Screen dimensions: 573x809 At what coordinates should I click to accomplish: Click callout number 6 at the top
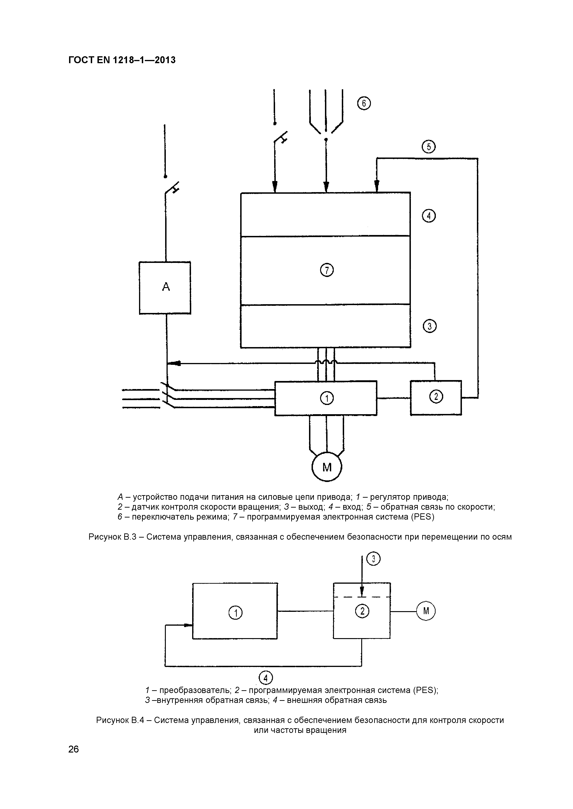pos(364,104)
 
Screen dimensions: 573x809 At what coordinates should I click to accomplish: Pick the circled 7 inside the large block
pos(327,270)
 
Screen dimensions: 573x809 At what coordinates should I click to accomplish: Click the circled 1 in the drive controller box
pos(327,399)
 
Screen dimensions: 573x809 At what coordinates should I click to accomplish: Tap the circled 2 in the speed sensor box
pos(437,397)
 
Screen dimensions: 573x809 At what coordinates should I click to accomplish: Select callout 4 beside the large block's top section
pos(429,216)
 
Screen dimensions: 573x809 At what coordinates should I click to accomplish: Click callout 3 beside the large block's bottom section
pos(429,326)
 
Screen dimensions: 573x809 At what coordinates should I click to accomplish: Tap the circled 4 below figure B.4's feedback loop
pos(266,678)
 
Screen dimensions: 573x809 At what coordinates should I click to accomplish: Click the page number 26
pos(73,749)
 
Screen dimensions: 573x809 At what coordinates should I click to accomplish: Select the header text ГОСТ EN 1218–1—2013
pos(122,60)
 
